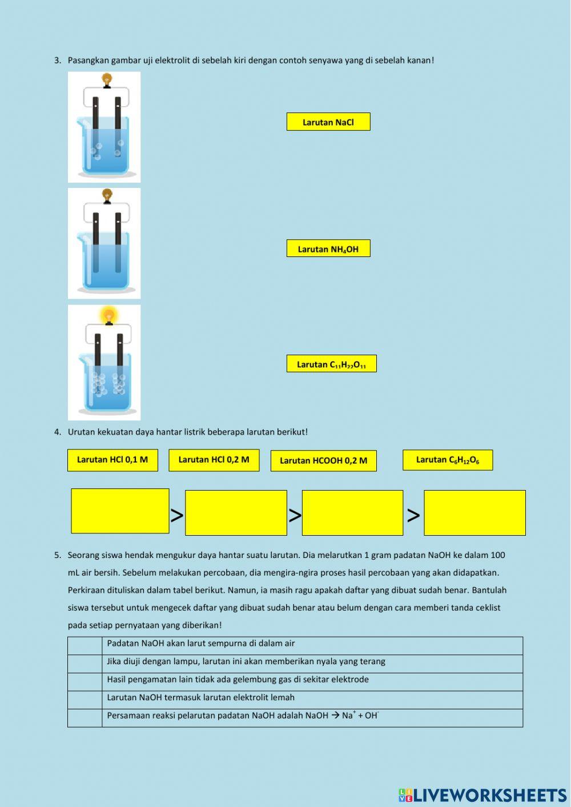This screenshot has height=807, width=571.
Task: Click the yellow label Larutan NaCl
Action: pos(328,122)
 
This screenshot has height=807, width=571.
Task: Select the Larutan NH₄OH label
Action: pos(328,248)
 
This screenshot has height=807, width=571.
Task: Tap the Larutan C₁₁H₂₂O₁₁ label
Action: pos(331,364)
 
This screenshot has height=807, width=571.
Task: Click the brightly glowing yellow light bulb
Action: pos(108,315)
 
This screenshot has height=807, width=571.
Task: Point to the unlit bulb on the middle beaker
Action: pos(107,196)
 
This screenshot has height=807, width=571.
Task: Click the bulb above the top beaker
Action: pos(107,79)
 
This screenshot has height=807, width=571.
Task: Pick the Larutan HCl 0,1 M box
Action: pos(112,460)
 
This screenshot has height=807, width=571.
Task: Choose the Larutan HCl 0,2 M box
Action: pos(214,460)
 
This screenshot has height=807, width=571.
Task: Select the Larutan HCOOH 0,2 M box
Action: pos(323,461)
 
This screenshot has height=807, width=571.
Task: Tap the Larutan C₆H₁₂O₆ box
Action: pos(448,460)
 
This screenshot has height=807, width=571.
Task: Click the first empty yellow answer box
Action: pos(120,511)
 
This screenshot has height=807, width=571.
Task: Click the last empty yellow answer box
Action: pos(475,512)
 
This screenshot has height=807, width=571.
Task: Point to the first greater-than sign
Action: pos(177,515)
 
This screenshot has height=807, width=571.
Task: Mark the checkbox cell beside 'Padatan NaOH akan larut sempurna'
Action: pos(85,645)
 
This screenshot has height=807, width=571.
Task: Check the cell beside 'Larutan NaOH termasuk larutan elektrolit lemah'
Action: pos(85,700)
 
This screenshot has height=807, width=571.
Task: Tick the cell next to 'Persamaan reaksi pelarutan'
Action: pos(85,718)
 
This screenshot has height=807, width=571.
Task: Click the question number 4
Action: pos(57,432)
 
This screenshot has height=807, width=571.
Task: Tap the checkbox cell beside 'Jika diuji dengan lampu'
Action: pos(85,664)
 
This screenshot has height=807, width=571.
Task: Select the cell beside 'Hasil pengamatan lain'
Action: pos(85,682)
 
